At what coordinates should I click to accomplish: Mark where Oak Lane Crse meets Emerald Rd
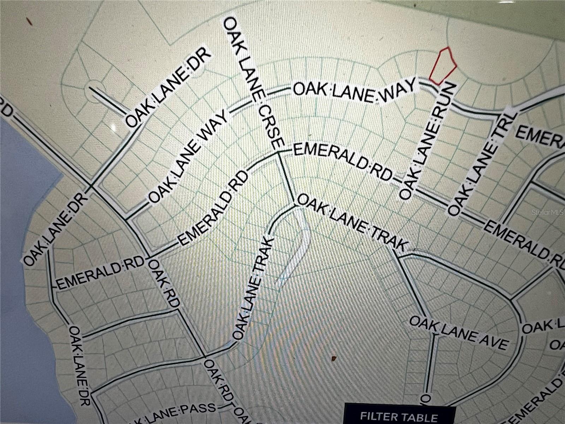(279, 152)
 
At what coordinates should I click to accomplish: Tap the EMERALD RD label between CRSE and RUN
(343, 162)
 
